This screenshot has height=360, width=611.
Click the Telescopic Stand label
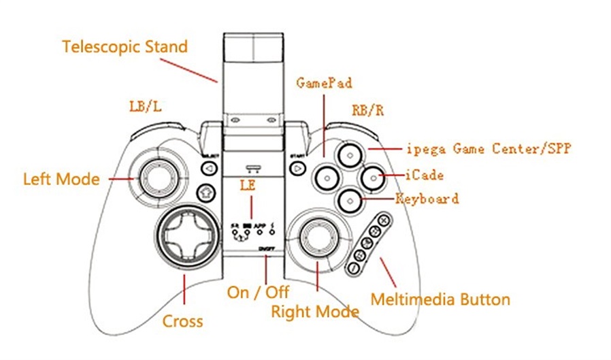[125, 47]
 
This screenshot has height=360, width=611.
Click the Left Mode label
[61, 180]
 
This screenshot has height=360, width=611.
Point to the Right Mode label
[314, 312]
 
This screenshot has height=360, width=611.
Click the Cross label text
[182, 320]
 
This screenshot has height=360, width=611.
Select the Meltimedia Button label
[440, 299]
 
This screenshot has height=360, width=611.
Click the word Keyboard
[427, 199]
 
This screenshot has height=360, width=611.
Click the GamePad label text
[324, 83]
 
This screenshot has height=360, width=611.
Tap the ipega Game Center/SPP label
[487, 148]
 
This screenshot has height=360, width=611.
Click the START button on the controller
[297, 165]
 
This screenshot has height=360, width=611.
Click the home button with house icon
[205, 193]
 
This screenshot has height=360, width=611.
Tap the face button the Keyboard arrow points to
[349, 199]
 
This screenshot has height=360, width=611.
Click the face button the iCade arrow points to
[372, 177]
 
